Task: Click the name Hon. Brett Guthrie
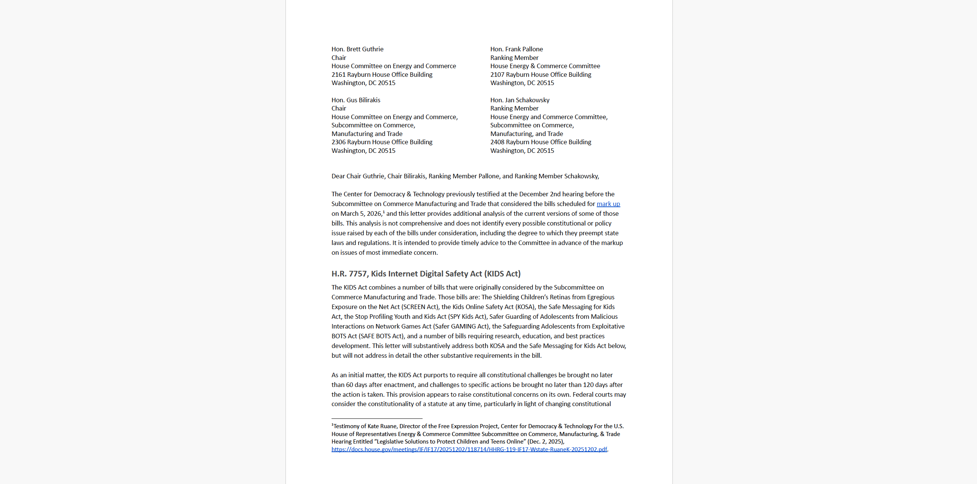click(357, 49)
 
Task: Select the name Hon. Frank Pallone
click(516, 49)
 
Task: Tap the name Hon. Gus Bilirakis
click(356, 100)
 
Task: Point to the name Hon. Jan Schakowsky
click(520, 100)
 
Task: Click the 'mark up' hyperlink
click(608, 204)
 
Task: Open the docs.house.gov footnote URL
click(469, 449)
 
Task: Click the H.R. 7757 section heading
click(426, 273)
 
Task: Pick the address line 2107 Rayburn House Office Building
click(541, 74)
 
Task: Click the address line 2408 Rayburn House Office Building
click(541, 142)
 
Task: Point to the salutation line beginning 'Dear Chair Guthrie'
click(465, 176)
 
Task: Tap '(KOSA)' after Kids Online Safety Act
click(524, 307)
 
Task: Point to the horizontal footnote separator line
click(376, 418)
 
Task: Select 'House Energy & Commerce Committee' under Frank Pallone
click(545, 66)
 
